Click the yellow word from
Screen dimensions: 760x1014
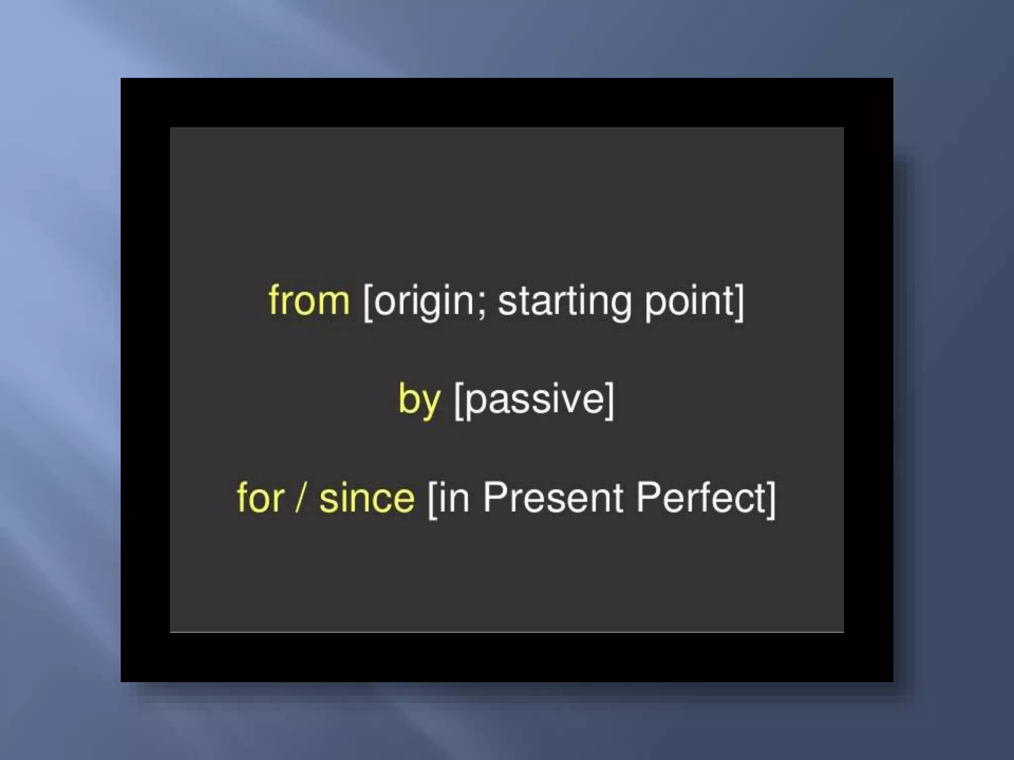coord(309,300)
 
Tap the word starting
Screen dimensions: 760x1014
coord(564,302)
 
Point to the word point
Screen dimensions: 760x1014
coord(688,302)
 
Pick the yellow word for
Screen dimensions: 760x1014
coord(260,497)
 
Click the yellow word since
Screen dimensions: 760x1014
coord(366,497)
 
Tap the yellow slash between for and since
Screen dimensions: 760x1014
coord(301,497)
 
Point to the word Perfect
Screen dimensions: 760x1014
coord(700,497)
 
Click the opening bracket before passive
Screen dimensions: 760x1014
coord(458,401)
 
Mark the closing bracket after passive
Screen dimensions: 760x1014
coord(609,401)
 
